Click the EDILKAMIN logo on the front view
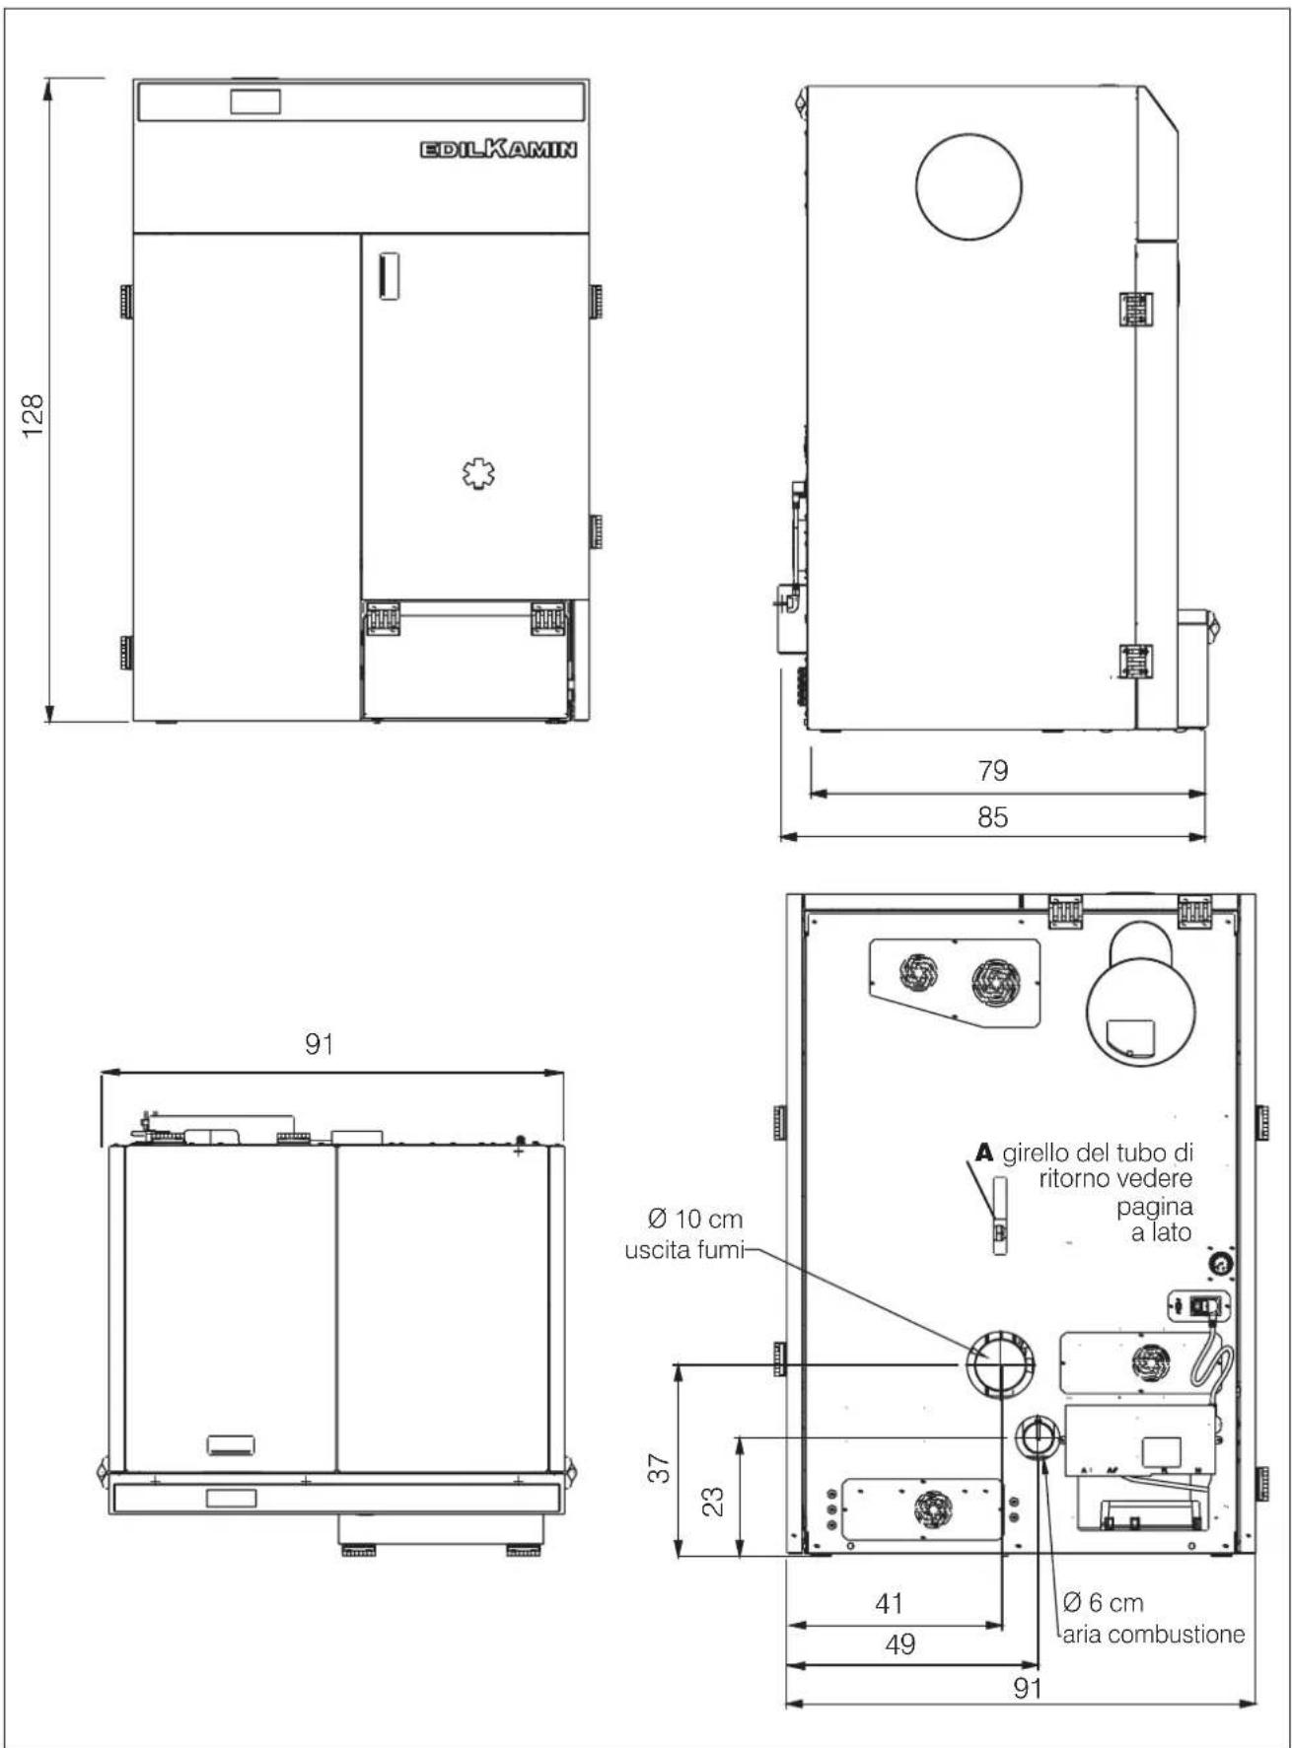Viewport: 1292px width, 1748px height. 498,149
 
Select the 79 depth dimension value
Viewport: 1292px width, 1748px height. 993,770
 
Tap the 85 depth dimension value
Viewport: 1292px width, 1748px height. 993,817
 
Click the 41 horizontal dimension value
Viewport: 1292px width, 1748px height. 889,1603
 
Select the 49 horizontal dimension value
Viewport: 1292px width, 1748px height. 900,1643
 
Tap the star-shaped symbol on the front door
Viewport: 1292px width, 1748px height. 479,475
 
